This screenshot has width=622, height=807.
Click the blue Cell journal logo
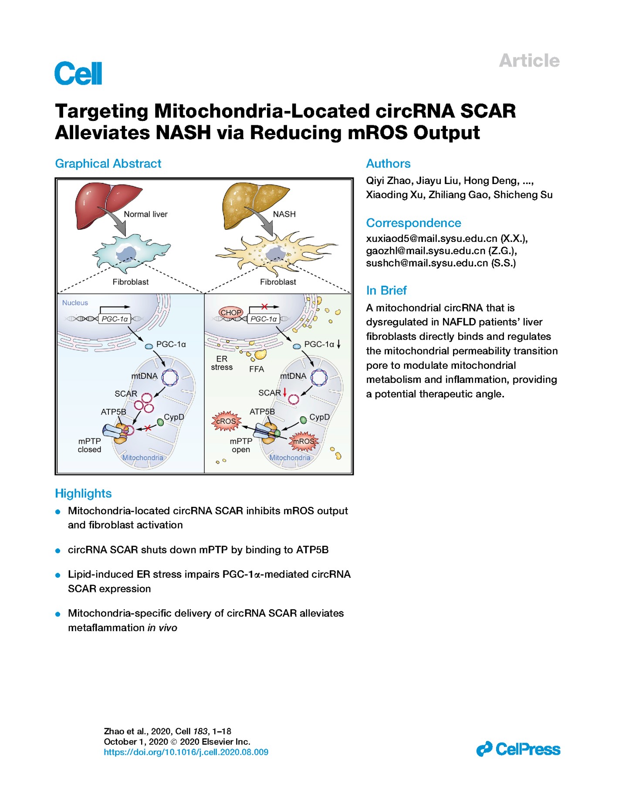(x=78, y=73)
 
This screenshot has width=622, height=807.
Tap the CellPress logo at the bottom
(x=518, y=749)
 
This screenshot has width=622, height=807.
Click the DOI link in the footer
(x=186, y=752)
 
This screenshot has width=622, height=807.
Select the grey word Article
(x=529, y=60)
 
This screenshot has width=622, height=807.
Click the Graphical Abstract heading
(x=108, y=164)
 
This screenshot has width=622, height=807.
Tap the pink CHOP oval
(x=230, y=312)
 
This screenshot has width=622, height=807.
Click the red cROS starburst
(x=226, y=421)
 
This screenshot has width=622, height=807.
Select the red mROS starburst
(x=304, y=441)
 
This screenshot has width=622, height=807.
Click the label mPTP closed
(x=89, y=445)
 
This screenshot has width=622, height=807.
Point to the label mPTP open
(x=241, y=445)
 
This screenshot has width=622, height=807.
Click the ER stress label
(x=222, y=363)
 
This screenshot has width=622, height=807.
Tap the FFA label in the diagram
(x=257, y=369)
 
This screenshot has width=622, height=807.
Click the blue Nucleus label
(x=75, y=303)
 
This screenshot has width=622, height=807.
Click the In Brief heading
(x=386, y=290)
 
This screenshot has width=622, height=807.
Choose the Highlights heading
(x=83, y=493)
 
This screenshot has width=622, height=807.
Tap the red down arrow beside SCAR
(x=285, y=392)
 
